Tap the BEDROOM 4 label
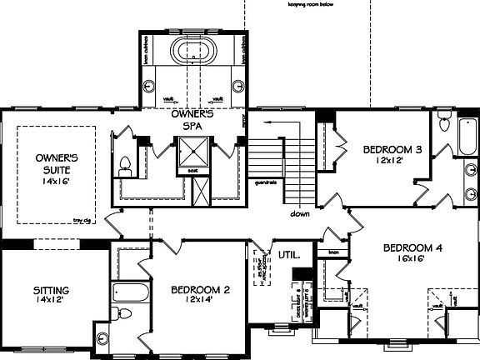[412, 247]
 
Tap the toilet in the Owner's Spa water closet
[124, 163]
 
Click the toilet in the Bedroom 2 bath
[125, 316]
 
